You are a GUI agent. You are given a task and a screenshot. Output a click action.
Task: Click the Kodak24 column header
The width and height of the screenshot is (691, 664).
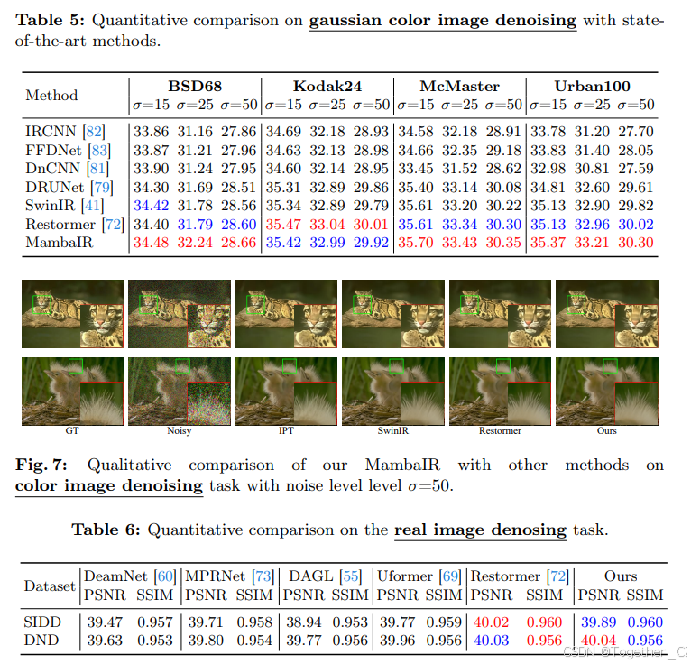pyautogui.click(x=327, y=87)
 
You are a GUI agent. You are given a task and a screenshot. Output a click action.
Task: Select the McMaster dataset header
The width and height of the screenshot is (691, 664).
pyautogui.click(x=459, y=87)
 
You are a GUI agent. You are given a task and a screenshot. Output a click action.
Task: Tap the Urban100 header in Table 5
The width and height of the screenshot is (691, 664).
pyautogui.click(x=591, y=87)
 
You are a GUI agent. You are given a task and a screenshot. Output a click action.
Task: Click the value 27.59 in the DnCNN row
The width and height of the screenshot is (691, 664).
pyautogui.click(x=638, y=168)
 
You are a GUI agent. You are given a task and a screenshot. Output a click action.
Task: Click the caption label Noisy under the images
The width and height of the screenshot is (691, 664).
pyautogui.click(x=179, y=431)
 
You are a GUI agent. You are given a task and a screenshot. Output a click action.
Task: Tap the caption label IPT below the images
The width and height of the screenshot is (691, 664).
pyautogui.click(x=286, y=431)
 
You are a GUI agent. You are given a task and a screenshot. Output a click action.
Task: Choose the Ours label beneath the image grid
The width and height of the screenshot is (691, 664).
pyautogui.click(x=606, y=431)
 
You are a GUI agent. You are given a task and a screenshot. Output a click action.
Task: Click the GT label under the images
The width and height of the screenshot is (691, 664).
pyautogui.click(x=72, y=431)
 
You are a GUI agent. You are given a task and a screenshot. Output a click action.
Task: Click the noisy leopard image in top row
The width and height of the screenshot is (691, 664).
pyautogui.click(x=179, y=313)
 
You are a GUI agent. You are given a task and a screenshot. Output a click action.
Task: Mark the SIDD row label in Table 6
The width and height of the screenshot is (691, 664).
pyautogui.click(x=42, y=622)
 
